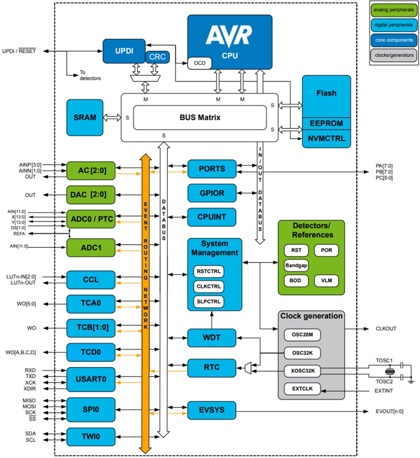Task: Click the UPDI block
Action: tap(124, 51)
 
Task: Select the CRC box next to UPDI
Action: tap(157, 57)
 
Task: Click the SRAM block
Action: tap(84, 117)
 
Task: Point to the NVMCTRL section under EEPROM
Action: tap(326, 139)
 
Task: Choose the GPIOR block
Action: tap(212, 193)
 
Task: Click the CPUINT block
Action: tap(212, 217)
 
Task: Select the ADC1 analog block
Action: tap(90, 248)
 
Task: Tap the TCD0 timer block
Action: tap(90, 352)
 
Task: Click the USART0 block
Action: tap(90, 379)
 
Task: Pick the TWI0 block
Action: tap(90, 437)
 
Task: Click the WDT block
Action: tap(212, 338)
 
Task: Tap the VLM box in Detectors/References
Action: tap(326, 280)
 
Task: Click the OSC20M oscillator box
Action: tap(302, 335)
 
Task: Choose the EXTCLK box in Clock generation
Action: tap(302, 389)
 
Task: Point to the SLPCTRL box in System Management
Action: tap(209, 301)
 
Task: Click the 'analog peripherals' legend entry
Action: tap(393, 10)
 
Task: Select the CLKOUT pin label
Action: tap(386, 329)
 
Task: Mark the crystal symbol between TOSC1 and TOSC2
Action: tap(390, 371)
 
